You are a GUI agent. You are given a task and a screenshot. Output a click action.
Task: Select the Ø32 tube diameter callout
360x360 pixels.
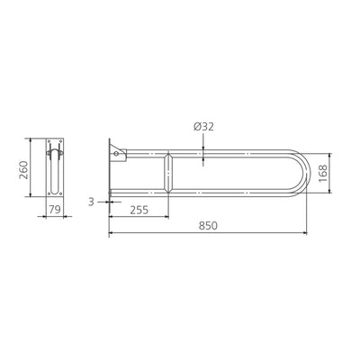tap(202, 126)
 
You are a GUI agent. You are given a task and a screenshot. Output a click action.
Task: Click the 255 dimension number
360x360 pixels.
tap(139, 210)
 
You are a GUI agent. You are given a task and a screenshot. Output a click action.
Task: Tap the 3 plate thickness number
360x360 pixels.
tap(93, 202)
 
